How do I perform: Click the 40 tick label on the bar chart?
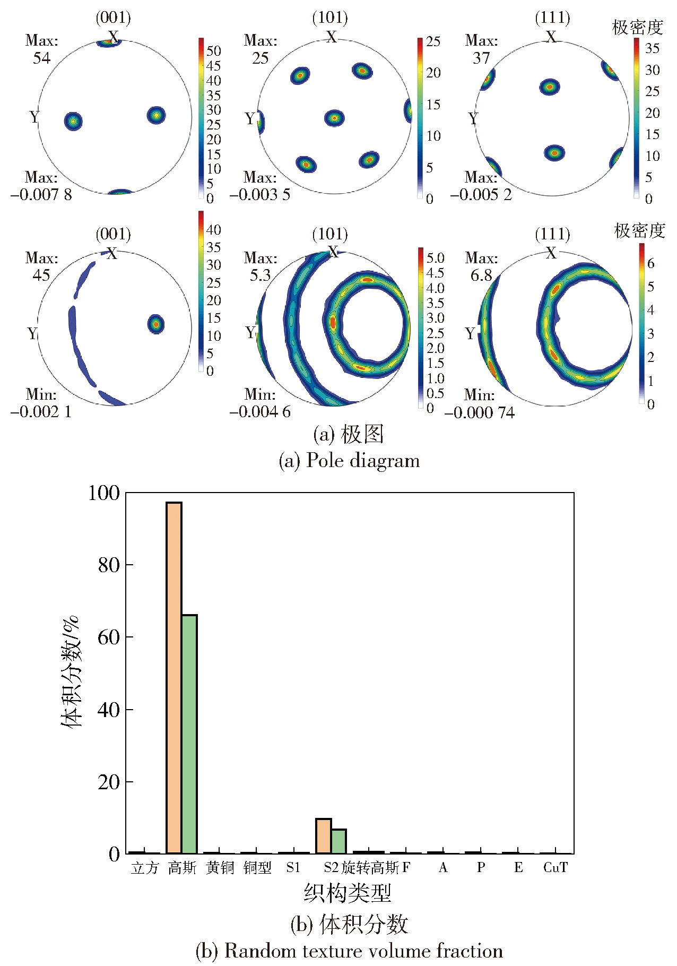(109, 710)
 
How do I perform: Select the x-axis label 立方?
(145, 868)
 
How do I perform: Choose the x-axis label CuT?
(556, 867)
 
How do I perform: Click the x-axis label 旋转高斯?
(370, 868)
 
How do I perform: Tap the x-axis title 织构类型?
(348, 893)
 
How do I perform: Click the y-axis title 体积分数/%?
(71, 671)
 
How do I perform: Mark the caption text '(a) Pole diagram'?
(349, 460)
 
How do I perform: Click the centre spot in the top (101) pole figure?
(334, 118)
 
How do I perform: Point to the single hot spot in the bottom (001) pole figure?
(156, 323)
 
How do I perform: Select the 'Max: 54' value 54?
(42, 58)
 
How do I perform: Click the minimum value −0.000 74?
(480, 412)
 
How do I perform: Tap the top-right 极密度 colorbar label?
(638, 27)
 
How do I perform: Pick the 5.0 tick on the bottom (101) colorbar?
(435, 258)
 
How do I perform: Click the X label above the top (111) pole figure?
(552, 37)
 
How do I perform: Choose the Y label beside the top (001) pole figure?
(34, 116)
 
